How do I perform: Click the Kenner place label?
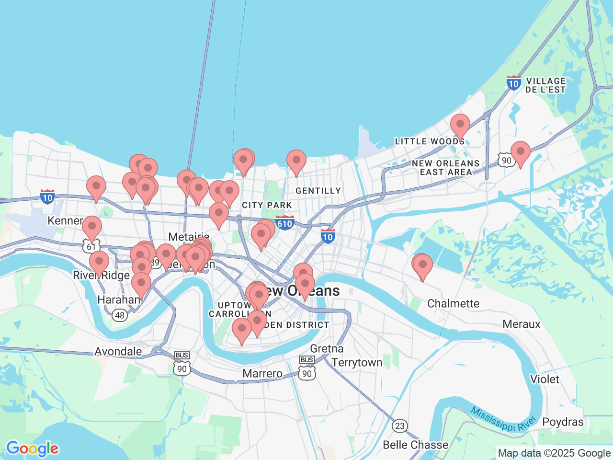click(65, 220)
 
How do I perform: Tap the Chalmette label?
click(453, 303)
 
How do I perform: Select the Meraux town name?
click(522, 324)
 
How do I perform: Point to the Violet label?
click(545, 379)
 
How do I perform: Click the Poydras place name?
click(563, 422)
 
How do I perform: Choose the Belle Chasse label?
click(415, 445)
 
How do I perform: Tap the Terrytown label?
click(357, 362)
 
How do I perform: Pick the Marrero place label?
click(262, 373)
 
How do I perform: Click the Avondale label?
click(118, 351)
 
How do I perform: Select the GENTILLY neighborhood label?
click(318, 191)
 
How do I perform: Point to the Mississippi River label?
click(503, 419)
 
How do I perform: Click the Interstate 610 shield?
click(285, 223)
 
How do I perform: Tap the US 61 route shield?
click(91, 246)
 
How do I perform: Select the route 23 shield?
click(400, 425)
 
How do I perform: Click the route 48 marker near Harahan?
click(120, 315)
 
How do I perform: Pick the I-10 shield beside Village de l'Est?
click(513, 83)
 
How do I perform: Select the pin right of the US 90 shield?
click(520, 153)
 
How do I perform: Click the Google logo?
click(32, 448)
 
